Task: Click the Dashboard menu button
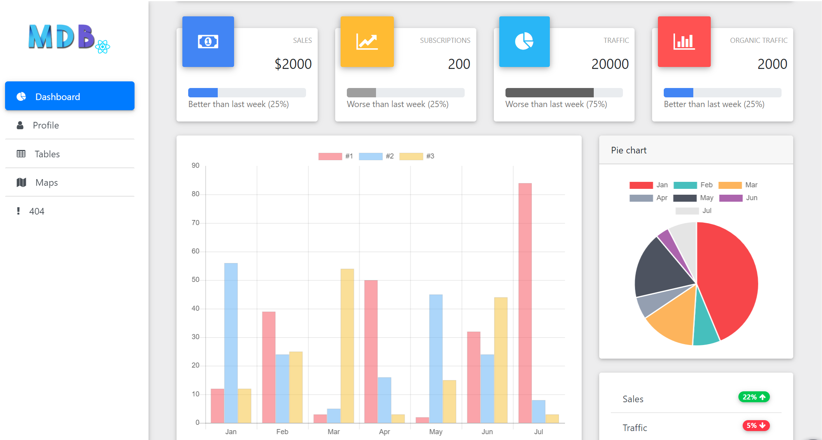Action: (70, 96)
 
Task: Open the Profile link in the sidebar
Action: (45, 125)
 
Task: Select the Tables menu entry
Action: (47, 154)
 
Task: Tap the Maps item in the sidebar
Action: (46, 183)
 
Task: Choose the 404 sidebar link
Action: (37, 211)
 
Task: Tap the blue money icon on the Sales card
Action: (208, 42)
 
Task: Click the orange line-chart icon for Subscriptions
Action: (367, 42)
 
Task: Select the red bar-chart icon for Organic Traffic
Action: (684, 42)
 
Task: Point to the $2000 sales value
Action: (293, 64)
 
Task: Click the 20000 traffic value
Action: (610, 64)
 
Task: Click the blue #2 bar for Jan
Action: (231, 343)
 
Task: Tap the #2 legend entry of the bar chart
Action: (376, 156)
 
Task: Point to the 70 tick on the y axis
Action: (195, 223)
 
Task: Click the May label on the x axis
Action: (435, 431)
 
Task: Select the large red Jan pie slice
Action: (727, 280)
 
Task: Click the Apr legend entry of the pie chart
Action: (649, 198)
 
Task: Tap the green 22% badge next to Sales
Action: (754, 397)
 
